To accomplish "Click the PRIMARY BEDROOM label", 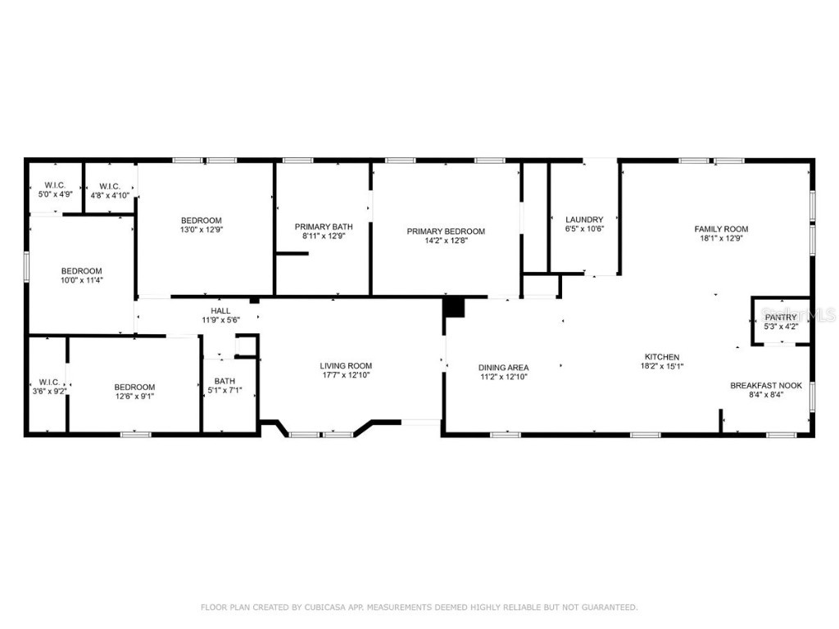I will (446, 232).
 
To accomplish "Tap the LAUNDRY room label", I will (584, 219).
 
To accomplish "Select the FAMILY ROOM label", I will (721, 229).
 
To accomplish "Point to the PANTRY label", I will (780, 317).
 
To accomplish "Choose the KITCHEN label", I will (661, 357).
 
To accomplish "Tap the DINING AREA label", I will (504, 368).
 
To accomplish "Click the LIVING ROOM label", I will (346, 366).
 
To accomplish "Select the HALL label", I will (220, 310).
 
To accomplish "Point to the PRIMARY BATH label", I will (324, 226).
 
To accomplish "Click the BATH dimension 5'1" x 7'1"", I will (224, 391).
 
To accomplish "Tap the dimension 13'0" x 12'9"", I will (202, 230).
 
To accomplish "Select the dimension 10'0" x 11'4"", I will (82, 280).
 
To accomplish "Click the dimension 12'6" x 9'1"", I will (134, 396).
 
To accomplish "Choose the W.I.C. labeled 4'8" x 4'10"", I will (109, 195).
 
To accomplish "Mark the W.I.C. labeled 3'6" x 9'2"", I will (48, 391).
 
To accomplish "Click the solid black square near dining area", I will (454, 307).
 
